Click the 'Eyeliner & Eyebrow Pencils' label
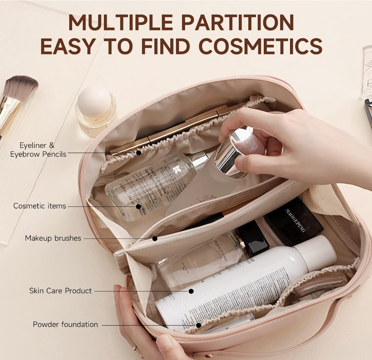tap(38, 150)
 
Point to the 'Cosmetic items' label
tap(40, 206)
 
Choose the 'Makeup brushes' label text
tap(53, 238)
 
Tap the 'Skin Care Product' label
tap(60, 291)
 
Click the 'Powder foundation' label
tap(65, 325)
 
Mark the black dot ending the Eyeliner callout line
tap(139, 153)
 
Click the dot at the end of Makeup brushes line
tap(155, 239)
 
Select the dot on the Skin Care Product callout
tap(191, 291)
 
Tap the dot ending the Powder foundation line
tap(198, 325)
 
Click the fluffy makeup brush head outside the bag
tap(22, 87)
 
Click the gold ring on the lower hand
tap(135, 347)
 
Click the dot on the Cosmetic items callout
tap(138, 207)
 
